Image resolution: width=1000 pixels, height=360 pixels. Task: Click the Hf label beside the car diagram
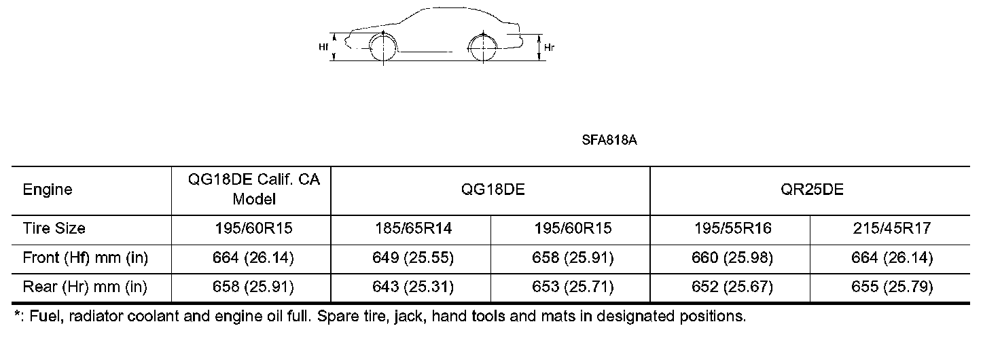pyautogui.click(x=323, y=47)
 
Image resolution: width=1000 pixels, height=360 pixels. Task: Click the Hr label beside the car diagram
pyautogui.click(x=549, y=48)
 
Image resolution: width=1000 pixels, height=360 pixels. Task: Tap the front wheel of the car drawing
pyautogui.click(x=383, y=48)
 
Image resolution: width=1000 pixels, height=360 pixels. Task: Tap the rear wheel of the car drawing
pyautogui.click(x=484, y=48)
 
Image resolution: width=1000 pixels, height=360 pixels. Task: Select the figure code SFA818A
pyautogui.click(x=609, y=140)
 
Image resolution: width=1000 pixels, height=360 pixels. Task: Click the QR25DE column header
pyautogui.click(x=812, y=190)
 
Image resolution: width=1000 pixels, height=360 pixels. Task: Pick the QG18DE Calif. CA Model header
pyautogui.click(x=254, y=189)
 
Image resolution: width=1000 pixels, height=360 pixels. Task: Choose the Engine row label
pyautogui.click(x=48, y=190)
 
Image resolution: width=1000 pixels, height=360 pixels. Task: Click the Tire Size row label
pyautogui.click(x=54, y=228)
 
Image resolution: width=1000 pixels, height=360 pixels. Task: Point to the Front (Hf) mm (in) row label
pyautogui.click(x=86, y=258)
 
